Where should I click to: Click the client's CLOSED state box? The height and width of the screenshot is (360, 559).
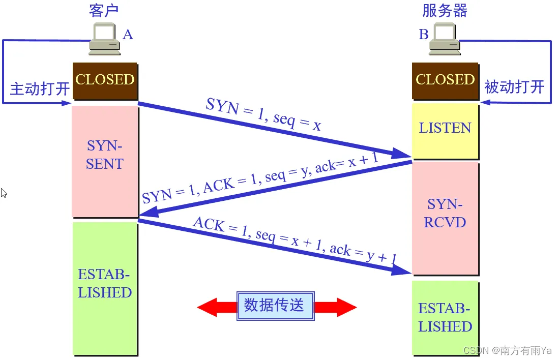(105, 80)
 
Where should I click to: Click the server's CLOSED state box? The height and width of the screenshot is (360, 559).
(445, 80)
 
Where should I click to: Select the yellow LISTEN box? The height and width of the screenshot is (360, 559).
(445, 128)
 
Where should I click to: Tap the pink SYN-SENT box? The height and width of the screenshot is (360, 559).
(105, 156)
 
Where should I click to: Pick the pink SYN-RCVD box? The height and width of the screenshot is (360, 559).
(446, 214)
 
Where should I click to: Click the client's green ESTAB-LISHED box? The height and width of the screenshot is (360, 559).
(105, 285)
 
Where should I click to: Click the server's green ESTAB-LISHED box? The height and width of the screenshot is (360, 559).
(446, 317)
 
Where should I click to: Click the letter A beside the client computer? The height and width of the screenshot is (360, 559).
(128, 35)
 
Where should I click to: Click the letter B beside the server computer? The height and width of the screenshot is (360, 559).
(423, 35)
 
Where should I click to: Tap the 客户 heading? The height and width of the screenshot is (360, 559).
(104, 10)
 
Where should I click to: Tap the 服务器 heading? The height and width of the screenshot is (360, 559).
(445, 10)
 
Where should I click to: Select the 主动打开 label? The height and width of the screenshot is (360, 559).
(40, 89)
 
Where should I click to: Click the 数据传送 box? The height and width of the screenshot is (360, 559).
(275, 306)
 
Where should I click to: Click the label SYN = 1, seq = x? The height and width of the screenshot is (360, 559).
(263, 115)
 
